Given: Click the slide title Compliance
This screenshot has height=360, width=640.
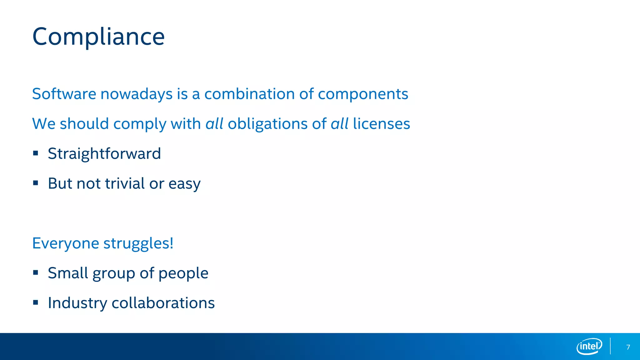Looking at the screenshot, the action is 98,37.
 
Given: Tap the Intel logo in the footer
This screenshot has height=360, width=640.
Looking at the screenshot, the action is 589,346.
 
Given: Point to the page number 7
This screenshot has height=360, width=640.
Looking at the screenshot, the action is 628,347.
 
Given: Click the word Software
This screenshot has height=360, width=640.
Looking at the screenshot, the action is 64,94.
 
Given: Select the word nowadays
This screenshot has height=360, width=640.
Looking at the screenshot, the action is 137,94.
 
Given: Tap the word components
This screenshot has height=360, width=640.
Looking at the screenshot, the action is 363,94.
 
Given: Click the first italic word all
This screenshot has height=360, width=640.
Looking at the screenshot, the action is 214,124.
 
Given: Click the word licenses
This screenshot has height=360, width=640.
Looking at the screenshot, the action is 381,124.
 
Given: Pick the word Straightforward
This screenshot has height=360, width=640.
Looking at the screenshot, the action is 104,153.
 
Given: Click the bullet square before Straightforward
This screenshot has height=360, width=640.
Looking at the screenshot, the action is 36,153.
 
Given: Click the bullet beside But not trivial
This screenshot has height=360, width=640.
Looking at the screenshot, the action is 36,183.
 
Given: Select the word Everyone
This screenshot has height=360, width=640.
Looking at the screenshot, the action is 66,243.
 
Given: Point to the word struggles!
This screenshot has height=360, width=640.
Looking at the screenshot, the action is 138,243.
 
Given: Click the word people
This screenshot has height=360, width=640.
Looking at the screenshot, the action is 183,273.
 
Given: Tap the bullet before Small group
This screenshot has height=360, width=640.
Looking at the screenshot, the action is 36,272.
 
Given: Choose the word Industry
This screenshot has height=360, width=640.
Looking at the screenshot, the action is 77,303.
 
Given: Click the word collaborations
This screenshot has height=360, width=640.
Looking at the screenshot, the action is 163,303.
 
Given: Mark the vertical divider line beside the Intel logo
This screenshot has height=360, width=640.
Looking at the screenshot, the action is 610,346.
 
